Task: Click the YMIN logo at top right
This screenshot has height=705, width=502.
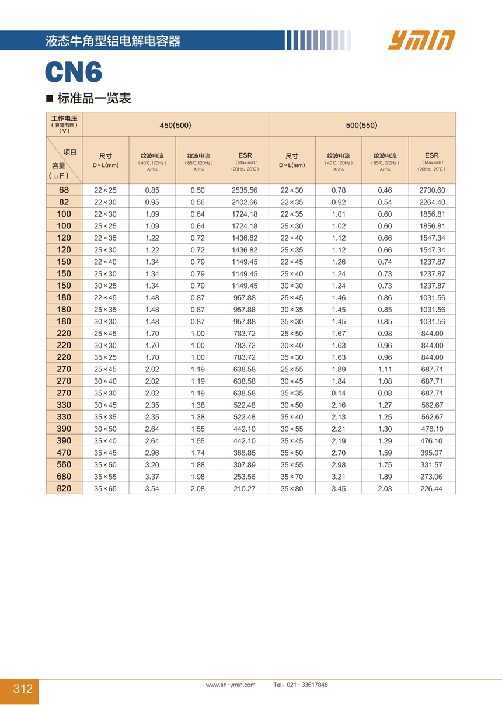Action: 421,40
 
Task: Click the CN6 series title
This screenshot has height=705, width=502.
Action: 74,72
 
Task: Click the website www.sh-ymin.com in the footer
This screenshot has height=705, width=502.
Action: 231,685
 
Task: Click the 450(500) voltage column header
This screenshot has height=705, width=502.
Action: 175,125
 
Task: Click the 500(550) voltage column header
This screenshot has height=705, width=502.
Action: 361,125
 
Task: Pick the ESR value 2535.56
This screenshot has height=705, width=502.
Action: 245,190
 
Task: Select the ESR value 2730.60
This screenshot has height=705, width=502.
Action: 432,190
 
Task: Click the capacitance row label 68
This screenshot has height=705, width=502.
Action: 64,190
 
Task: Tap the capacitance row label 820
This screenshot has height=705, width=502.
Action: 64,488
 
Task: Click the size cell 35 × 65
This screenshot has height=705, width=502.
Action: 106,488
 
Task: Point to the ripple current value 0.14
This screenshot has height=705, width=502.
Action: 339,393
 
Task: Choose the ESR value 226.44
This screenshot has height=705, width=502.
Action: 432,488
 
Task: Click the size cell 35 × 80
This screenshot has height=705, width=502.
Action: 292,488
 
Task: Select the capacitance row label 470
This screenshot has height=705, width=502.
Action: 64,453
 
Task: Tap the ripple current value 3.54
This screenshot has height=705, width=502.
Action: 152,488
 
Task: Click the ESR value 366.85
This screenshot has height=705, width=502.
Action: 245,453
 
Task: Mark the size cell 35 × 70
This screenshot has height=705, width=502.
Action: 292,477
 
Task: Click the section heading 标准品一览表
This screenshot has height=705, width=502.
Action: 93,98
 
